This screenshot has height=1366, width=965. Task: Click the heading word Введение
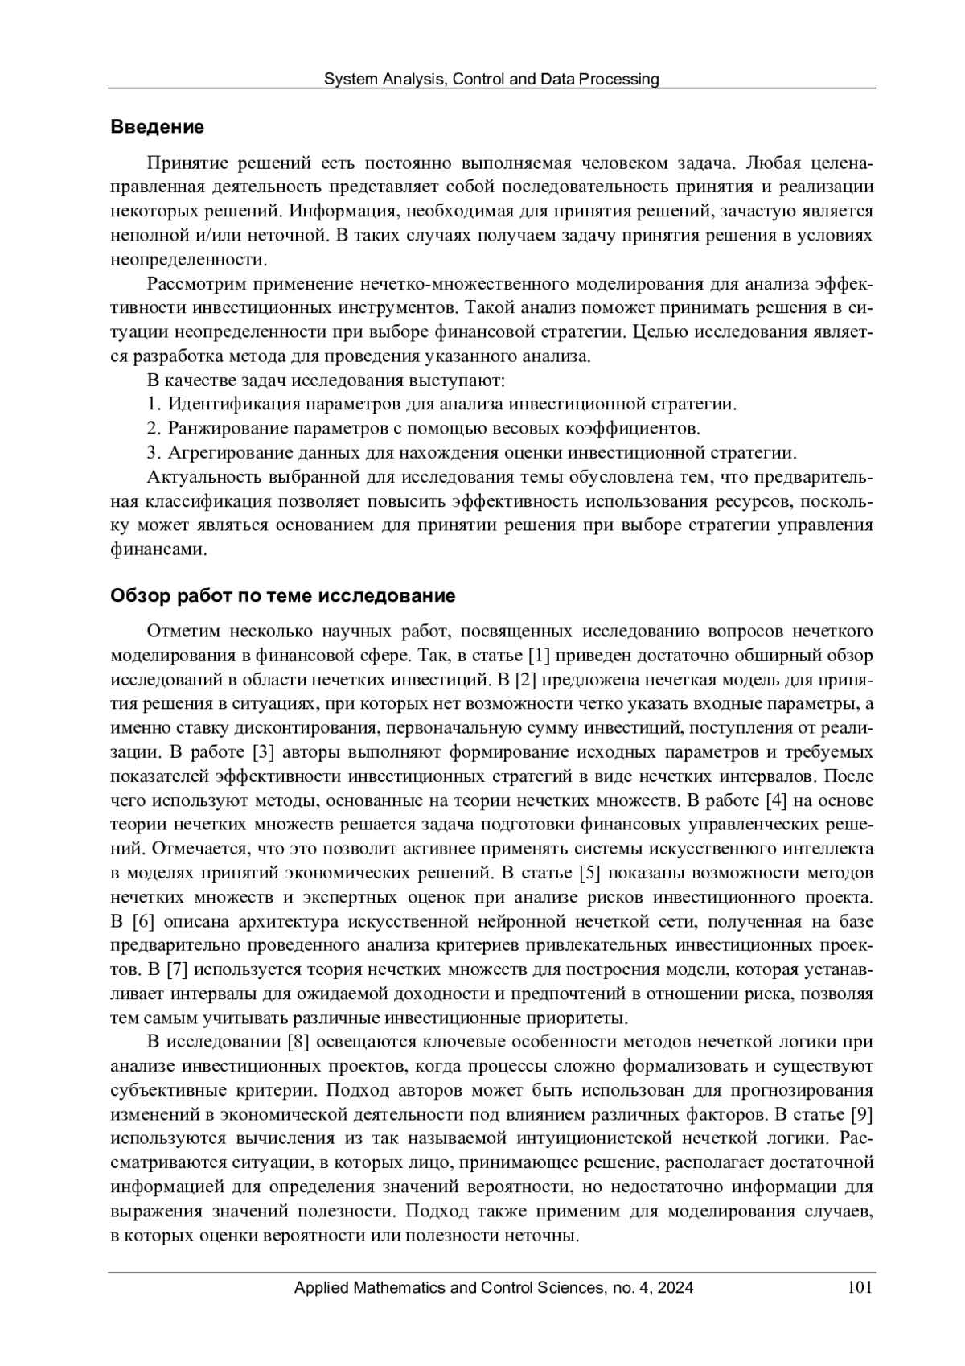click(x=157, y=127)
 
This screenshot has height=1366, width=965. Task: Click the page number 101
click(x=860, y=1288)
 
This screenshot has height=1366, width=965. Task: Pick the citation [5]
click(x=586, y=873)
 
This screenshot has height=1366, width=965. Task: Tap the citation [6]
click(x=141, y=921)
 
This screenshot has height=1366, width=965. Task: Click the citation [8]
click(x=299, y=1043)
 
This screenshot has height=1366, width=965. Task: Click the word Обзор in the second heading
click(x=136, y=596)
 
